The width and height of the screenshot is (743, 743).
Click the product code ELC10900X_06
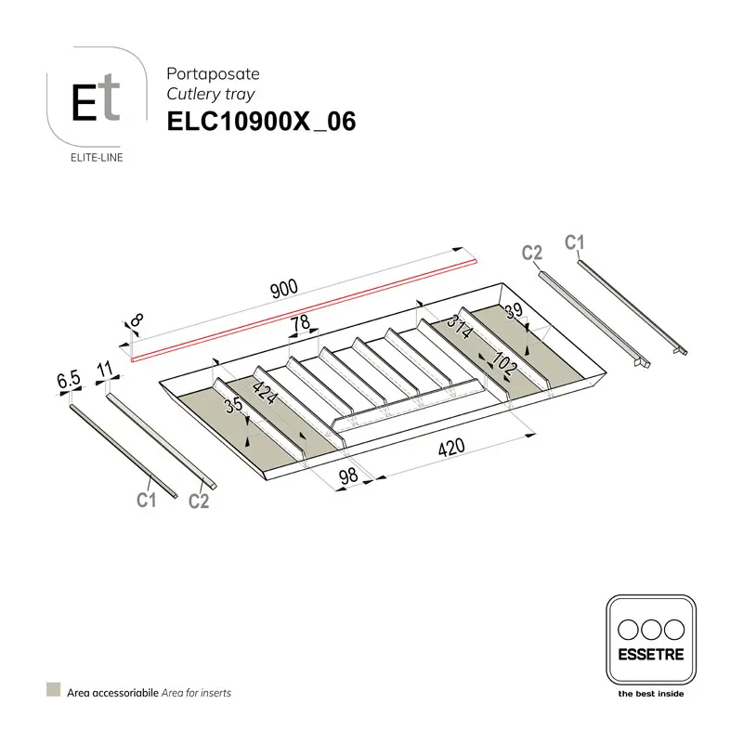point(261,123)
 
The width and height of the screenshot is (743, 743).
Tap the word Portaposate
point(213,73)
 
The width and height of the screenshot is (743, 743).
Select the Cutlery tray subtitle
point(210,94)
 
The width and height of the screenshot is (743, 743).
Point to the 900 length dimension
point(283,288)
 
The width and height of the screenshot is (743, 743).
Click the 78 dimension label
point(299,324)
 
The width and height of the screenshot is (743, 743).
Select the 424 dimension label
point(265,393)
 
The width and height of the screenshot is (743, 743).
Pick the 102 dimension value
point(502,365)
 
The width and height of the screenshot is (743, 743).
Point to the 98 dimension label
point(348,475)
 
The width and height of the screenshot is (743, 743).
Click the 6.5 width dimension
point(70,379)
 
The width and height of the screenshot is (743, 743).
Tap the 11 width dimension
point(104,370)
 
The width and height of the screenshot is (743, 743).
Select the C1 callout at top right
point(575,243)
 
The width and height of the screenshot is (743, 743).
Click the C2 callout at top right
point(531,253)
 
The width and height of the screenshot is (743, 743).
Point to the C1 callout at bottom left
point(145,501)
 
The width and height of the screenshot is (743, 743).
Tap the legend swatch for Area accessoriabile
point(54,692)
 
